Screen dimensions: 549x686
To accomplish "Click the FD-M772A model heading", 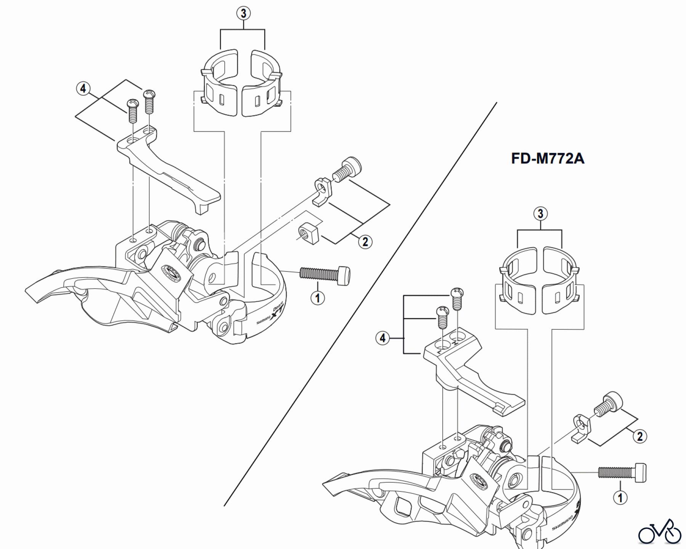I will click(547, 158).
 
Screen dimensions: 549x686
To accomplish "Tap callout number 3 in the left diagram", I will click(244, 14).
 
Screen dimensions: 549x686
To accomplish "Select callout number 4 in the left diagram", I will click(83, 89).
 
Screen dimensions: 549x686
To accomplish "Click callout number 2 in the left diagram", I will click(365, 241).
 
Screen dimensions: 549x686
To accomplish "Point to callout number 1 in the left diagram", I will click(318, 298).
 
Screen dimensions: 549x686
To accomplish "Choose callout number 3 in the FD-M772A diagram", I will click(540, 213).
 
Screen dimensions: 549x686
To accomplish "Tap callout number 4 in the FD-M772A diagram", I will click(383, 338).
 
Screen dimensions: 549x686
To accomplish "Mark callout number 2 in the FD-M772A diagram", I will click(640, 436).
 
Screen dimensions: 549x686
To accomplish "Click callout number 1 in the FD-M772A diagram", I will click(620, 498).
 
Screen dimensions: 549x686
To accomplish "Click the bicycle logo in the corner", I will click(660, 531).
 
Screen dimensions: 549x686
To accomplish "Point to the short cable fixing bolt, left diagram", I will click(347, 169).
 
